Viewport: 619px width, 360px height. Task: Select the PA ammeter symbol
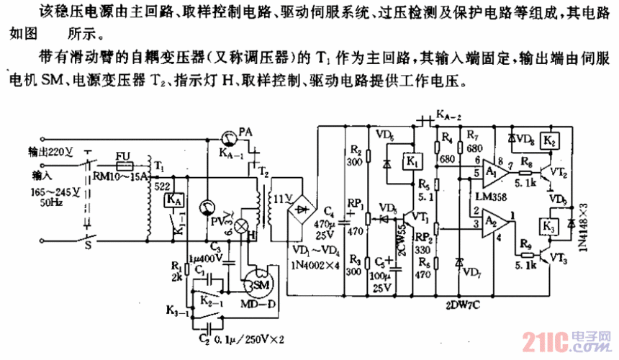(x=227, y=135)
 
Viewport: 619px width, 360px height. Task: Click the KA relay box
(x=173, y=199)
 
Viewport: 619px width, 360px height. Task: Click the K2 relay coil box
(x=550, y=140)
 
